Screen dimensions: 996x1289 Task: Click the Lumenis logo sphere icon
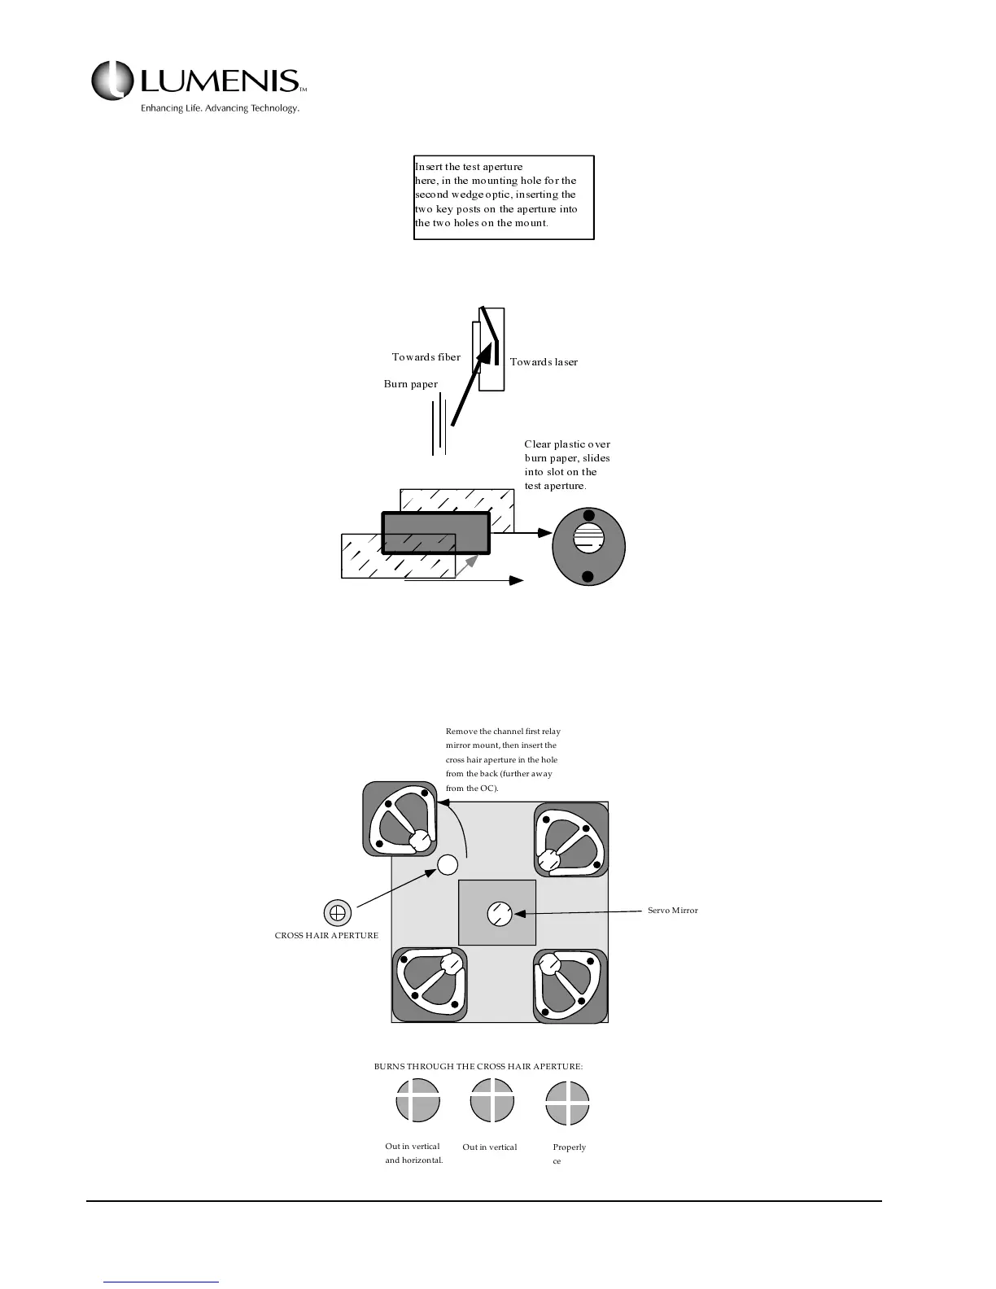coord(112,81)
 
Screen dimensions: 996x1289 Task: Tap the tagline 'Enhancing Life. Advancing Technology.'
coord(220,108)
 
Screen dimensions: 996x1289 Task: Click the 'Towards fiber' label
coord(426,357)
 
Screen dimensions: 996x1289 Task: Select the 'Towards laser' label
coord(544,362)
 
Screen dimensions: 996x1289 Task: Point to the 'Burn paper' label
coord(410,384)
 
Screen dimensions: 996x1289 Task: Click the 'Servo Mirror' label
coord(672,911)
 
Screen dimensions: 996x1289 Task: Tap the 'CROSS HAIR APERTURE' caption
coord(326,936)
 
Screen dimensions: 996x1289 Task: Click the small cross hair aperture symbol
coord(338,912)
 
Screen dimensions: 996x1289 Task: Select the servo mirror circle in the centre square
coord(499,914)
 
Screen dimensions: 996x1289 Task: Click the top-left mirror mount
coord(400,819)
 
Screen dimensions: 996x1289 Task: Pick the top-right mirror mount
coord(570,840)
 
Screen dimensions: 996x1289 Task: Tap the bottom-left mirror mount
coord(430,985)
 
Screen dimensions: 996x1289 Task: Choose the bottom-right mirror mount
coord(570,985)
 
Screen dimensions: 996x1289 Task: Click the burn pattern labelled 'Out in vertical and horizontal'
coord(417,1100)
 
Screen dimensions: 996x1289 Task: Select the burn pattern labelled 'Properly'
coord(567,1103)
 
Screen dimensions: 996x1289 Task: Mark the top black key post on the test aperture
coord(589,514)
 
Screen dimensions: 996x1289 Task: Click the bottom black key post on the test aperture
coord(588,578)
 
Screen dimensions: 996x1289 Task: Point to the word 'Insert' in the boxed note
coord(428,167)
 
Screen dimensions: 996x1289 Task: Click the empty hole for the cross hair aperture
coord(448,864)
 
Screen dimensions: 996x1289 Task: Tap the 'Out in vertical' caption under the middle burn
coord(490,1147)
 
